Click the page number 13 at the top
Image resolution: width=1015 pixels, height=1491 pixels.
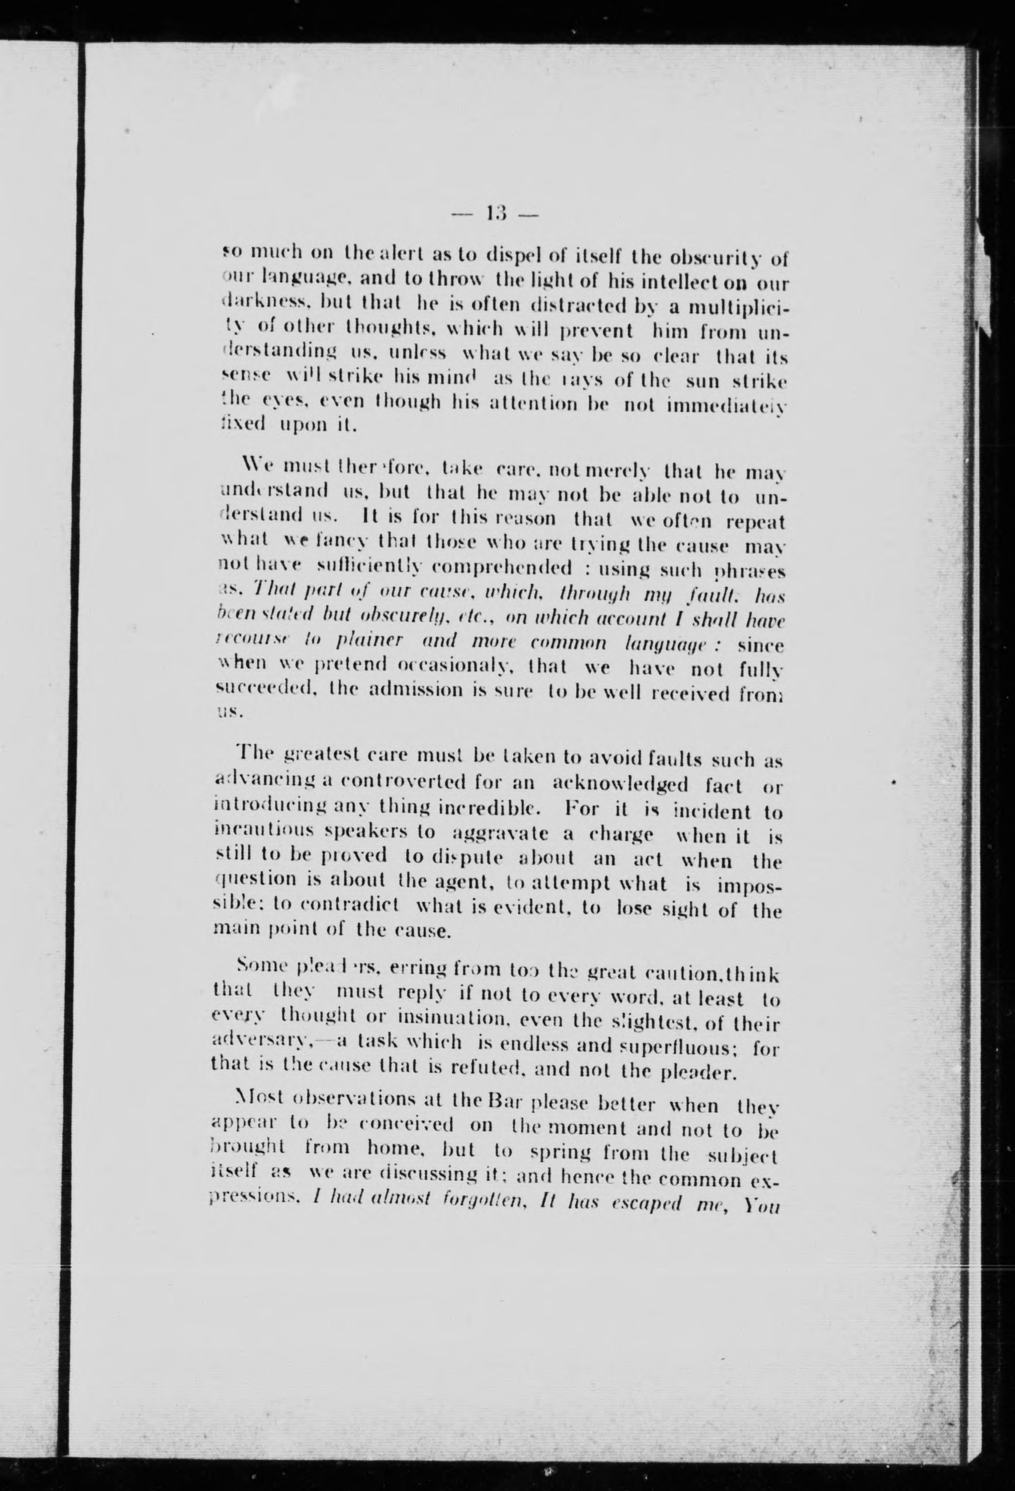pyautogui.click(x=497, y=212)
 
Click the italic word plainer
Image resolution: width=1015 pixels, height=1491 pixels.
pyautogui.click(x=379, y=644)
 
